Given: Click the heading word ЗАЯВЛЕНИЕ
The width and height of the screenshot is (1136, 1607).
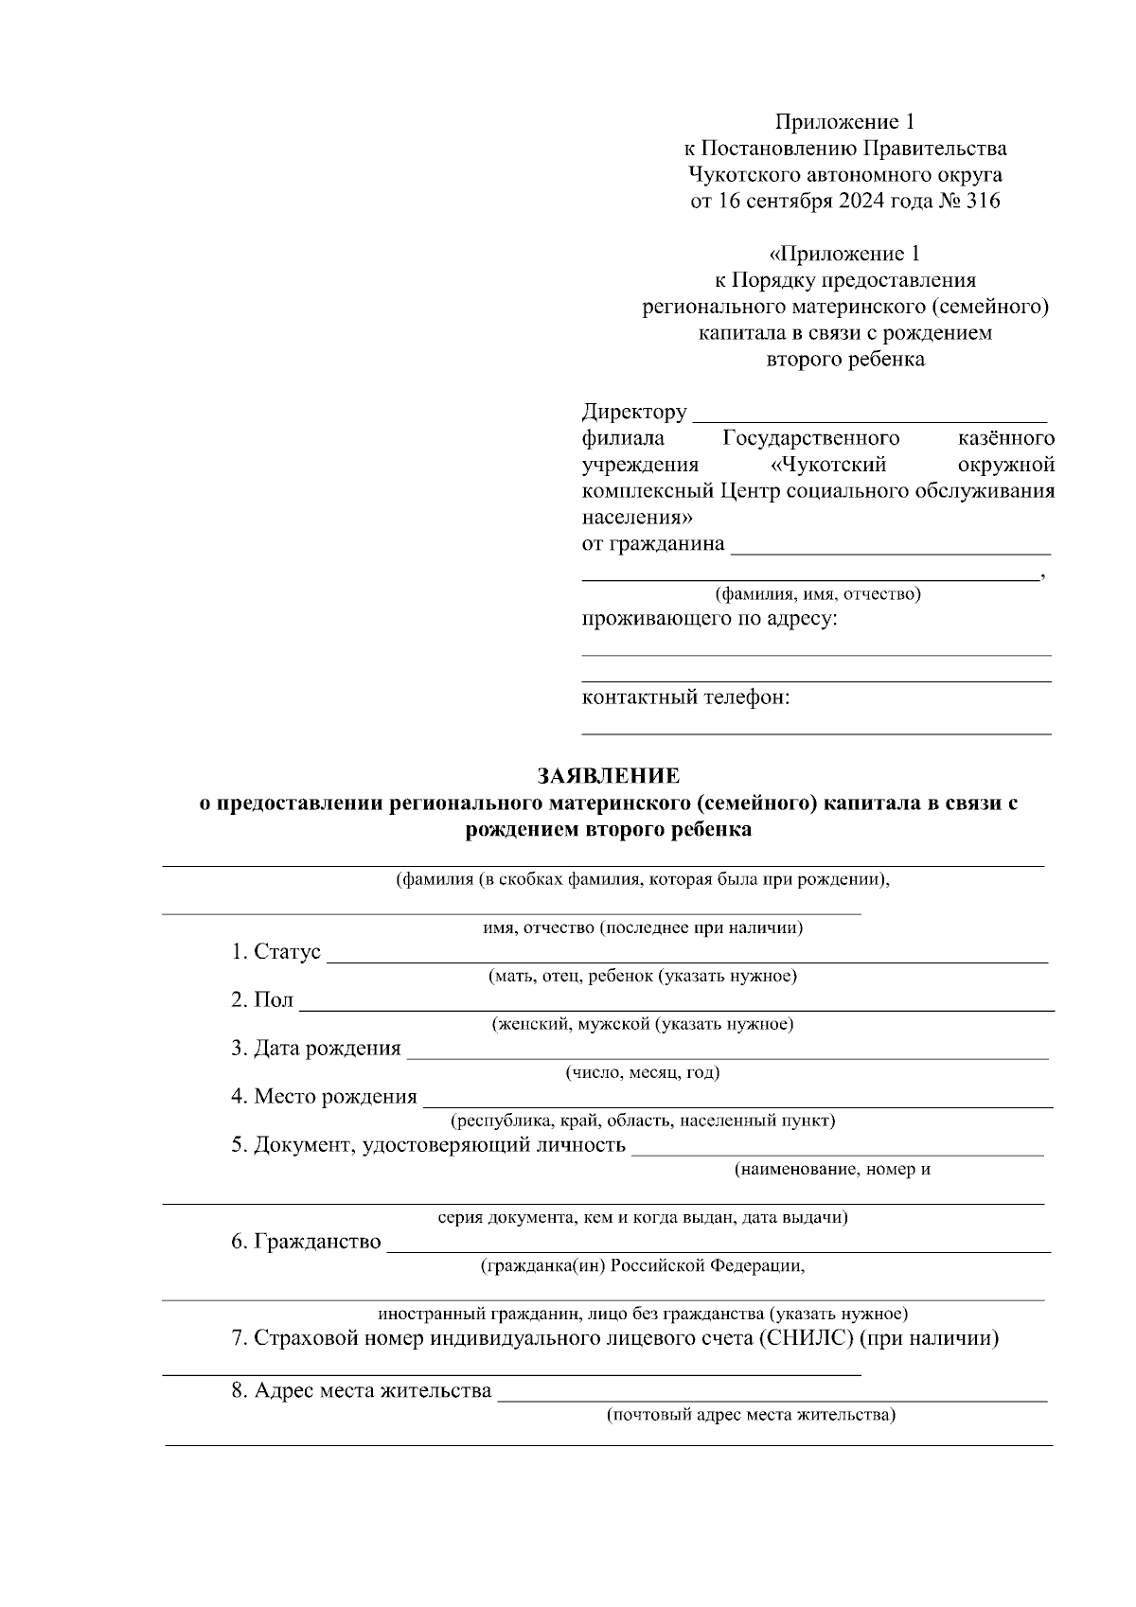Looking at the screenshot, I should tap(609, 776).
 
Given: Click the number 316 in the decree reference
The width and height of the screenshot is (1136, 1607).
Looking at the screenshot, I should tap(982, 202).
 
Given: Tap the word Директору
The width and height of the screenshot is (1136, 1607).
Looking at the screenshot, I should tap(634, 413).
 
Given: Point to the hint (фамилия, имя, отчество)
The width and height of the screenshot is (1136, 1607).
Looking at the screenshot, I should tap(817, 594).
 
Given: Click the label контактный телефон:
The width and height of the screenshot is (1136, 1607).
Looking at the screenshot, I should tap(685, 698).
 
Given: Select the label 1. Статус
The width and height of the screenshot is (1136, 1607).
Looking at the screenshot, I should tap(275, 952).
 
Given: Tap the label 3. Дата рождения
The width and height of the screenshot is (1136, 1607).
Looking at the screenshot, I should tap(316, 1049).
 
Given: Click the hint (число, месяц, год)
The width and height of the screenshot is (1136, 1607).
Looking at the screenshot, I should tap(643, 1072).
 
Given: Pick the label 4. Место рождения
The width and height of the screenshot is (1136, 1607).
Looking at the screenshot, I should tap(324, 1097).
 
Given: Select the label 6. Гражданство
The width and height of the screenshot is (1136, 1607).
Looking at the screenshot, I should tap(306, 1242).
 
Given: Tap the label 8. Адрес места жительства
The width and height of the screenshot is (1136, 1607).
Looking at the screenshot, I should tap(362, 1391).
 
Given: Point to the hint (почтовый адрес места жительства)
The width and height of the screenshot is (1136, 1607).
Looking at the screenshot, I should tap(752, 1416).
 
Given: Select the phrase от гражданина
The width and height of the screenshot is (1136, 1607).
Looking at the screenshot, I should tap(653, 544).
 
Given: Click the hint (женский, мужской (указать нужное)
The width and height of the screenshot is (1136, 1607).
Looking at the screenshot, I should tap(643, 1024).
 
